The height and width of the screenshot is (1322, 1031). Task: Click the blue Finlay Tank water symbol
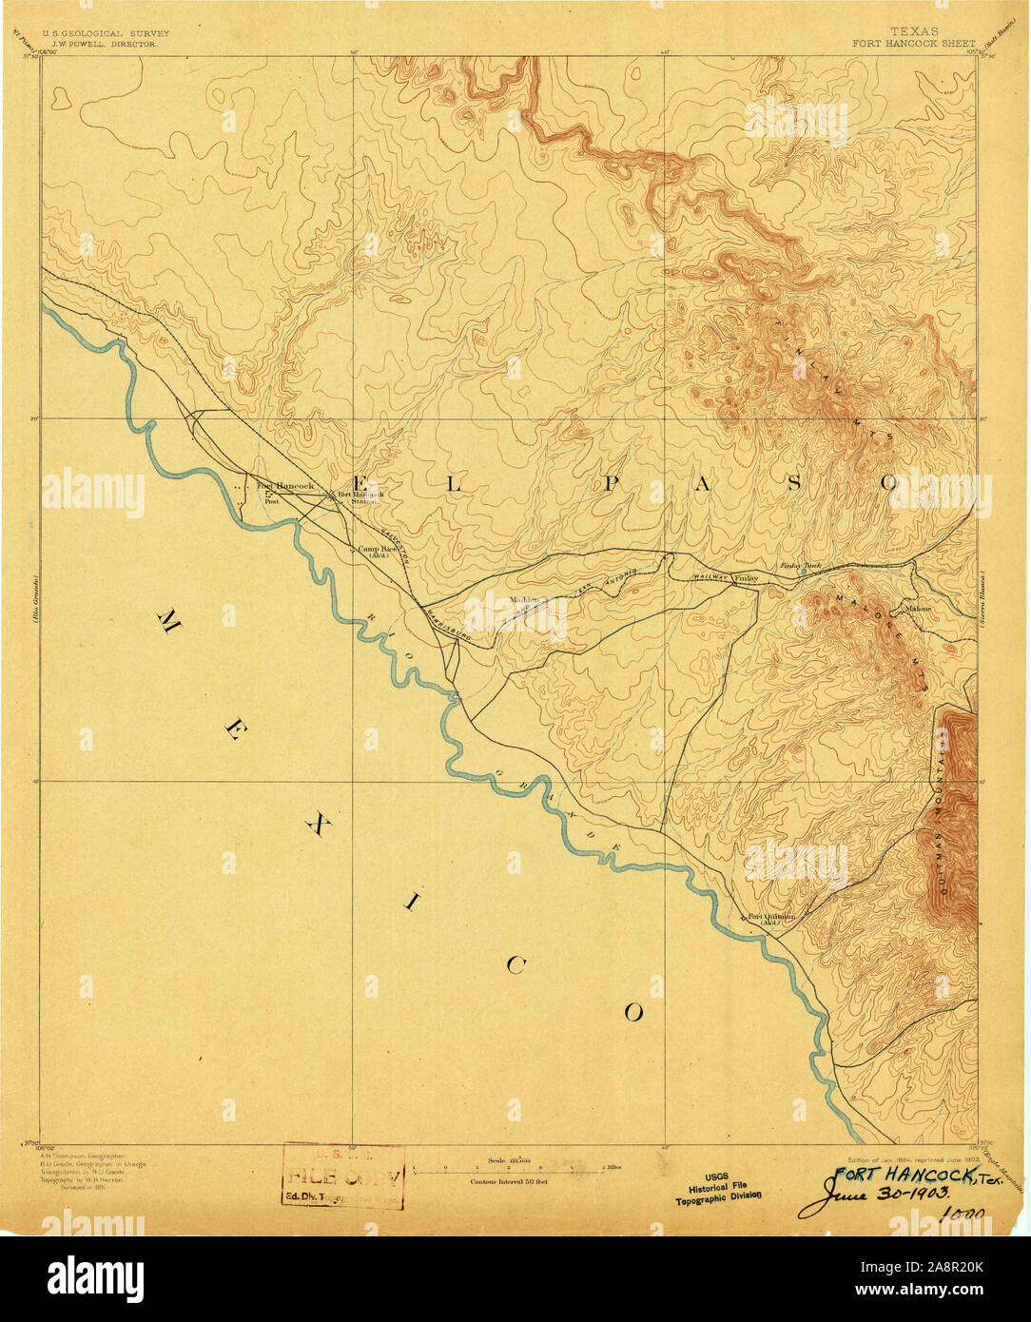pos(804,572)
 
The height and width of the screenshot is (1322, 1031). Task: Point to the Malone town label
pos(918,609)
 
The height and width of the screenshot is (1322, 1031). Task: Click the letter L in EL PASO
pos(454,484)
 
